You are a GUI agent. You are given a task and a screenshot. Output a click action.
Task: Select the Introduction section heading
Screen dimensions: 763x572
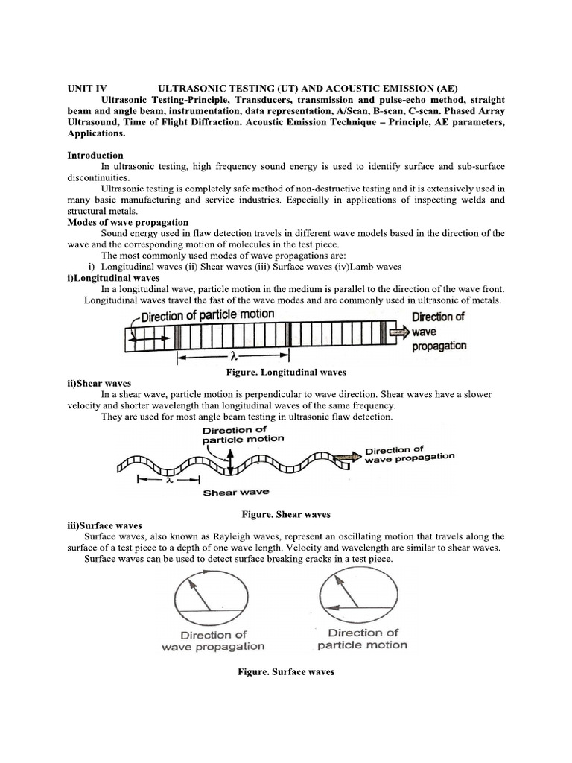tap(95, 156)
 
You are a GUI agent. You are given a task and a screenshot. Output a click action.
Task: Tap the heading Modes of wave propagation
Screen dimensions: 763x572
tap(128, 222)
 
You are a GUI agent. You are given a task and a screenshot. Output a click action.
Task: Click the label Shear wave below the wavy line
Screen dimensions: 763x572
tap(236, 492)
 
